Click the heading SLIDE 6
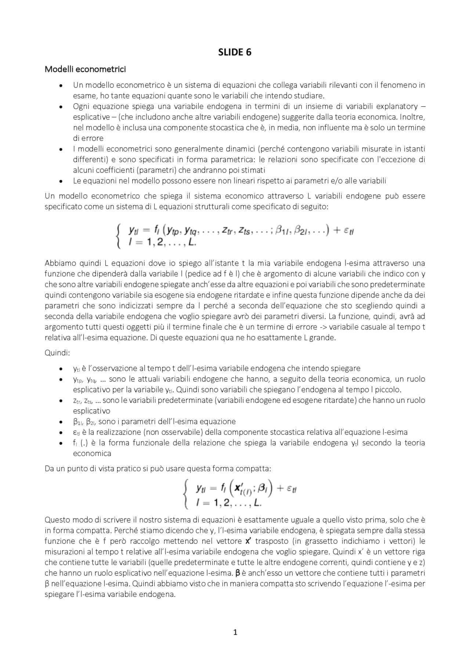(235, 52)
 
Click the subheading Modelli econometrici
(85, 69)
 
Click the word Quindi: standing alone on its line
(57, 353)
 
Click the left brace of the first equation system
(118, 236)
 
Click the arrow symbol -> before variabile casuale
(323, 327)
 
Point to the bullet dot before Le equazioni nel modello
(61, 181)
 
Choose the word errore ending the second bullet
(88, 138)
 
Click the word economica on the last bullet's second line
(92, 453)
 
